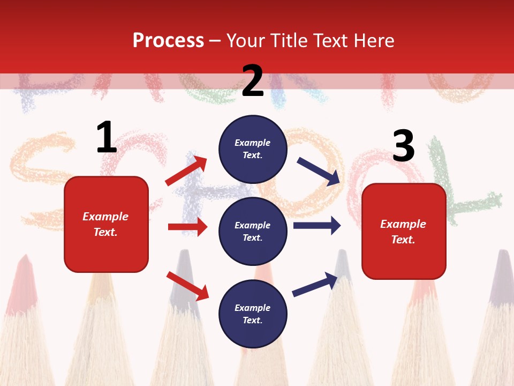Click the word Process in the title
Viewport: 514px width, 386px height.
168,41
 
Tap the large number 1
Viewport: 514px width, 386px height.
107,137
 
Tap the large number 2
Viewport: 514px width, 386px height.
253,81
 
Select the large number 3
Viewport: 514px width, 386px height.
403,146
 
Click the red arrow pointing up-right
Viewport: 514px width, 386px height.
186,171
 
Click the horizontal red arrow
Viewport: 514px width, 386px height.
187,227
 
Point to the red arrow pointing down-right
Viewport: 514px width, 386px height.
187,286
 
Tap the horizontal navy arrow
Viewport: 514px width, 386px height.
316,226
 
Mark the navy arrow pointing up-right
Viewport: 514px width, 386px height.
315,285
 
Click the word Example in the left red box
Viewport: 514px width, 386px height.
105,217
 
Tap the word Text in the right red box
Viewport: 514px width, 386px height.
402,240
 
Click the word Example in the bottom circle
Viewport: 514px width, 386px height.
252,308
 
